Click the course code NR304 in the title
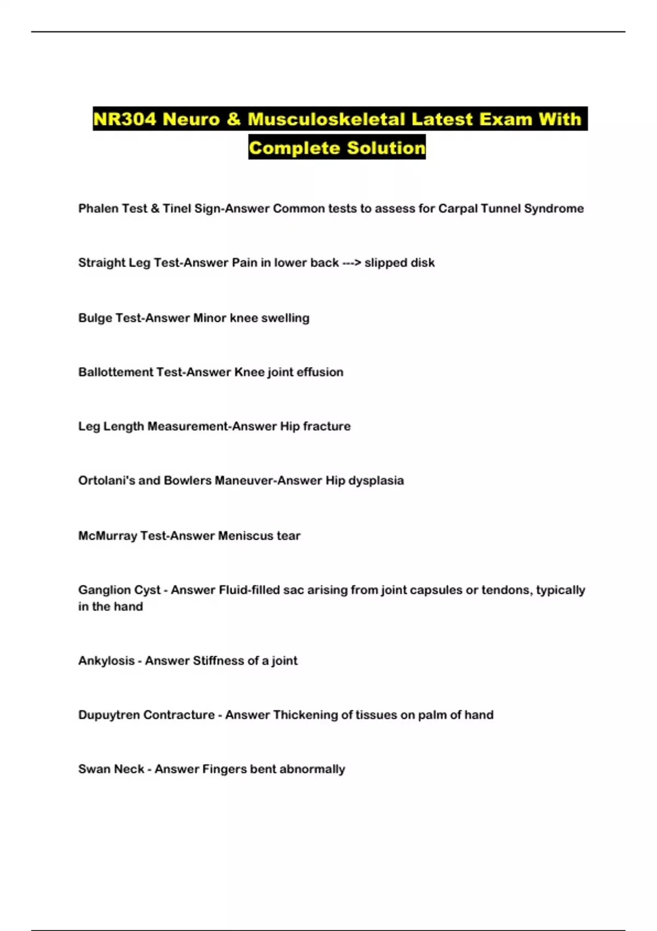point(124,119)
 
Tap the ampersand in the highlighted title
point(233,119)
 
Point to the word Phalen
point(96,209)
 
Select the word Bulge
point(95,318)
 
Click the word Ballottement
point(115,372)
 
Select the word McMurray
point(107,536)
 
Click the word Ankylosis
point(106,661)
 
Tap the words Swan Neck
point(111,769)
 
